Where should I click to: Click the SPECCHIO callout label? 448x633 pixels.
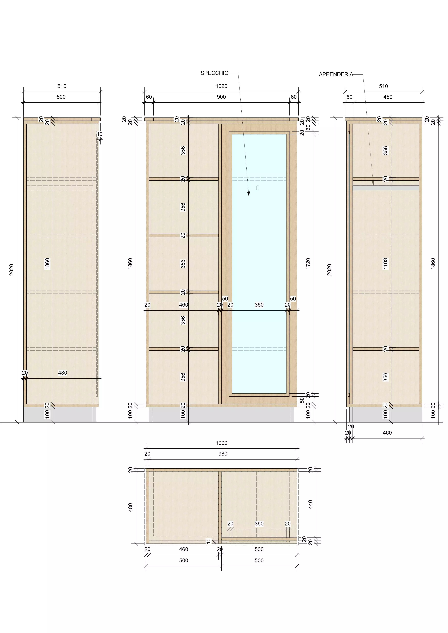click(x=214, y=73)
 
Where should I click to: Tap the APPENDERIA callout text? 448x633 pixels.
click(x=336, y=74)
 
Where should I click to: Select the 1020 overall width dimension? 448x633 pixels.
click(x=221, y=86)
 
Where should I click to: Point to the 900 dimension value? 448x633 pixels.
click(x=221, y=97)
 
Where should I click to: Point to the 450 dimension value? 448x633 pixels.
click(x=388, y=97)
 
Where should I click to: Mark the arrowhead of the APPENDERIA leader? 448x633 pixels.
click(x=373, y=183)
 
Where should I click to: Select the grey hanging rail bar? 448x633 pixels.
click(x=386, y=188)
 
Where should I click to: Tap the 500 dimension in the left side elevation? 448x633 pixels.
click(x=61, y=97)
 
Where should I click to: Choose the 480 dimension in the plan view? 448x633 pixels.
click(x=131, y=507)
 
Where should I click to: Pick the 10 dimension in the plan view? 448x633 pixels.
click(x=209, y=541)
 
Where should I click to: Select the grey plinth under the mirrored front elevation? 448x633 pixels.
click(x=221, y=414)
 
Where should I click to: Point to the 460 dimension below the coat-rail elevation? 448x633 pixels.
click(x=387, y=433)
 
